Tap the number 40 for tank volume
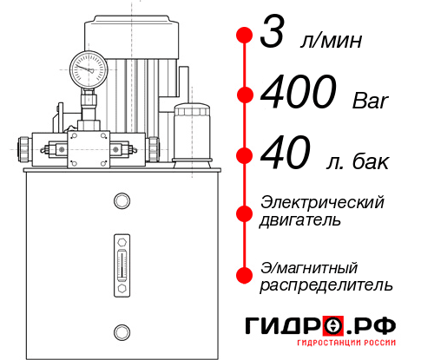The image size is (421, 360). click(x=286, y=156)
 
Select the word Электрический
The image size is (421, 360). click(x=322, y=202)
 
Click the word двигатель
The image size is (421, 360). click(x=300, y=219)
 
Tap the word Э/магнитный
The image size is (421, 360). click(x=309, y=266)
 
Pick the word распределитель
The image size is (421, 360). click(x=326, y=284)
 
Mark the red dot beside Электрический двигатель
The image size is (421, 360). click(x=244, y=211)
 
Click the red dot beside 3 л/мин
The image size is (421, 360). click(x=244, y=36)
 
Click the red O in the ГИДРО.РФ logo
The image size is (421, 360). click(x=334, y=326)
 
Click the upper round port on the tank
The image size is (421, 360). click(x=120, y=201)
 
